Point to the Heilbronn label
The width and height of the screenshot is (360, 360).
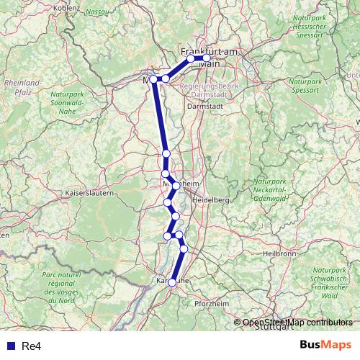281,253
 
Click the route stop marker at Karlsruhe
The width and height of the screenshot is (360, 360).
172,283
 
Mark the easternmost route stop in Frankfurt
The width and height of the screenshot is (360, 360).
207,59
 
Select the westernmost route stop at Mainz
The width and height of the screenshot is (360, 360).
153,79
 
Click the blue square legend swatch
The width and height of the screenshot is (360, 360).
7,346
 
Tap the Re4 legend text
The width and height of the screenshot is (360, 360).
31,346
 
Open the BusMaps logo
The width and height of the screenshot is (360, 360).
326,345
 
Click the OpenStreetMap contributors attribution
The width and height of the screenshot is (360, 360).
297,323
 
